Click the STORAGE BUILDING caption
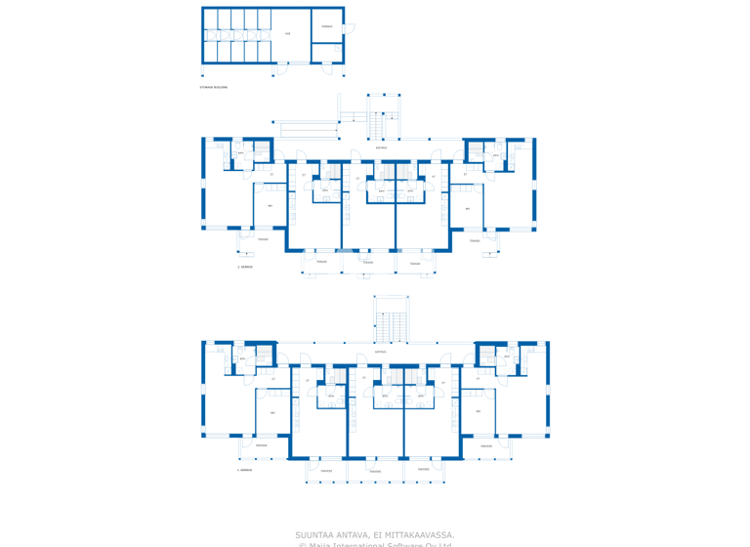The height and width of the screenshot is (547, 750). point(213,87)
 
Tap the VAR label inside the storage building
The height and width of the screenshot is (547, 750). point(287,33)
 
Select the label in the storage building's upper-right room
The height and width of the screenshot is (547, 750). point(327,26)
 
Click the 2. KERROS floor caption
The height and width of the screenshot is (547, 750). point(245,266)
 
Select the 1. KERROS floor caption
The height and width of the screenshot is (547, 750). point(245,470)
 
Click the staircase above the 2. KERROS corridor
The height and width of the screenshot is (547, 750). point(383,117)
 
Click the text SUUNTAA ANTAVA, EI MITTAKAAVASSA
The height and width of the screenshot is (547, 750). point(374,534)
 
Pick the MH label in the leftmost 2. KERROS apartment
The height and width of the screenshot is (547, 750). point(271,205)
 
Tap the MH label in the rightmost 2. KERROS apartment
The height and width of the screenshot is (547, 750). point(467,208)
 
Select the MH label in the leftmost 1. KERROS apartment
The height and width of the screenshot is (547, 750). point(272,412)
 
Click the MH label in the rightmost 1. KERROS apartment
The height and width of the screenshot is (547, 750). point(478,411)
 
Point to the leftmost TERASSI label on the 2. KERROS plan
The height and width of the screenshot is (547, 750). point(263,238)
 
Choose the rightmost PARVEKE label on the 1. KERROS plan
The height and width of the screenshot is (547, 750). point(485,445)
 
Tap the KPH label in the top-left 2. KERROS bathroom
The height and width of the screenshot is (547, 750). point(240,153)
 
